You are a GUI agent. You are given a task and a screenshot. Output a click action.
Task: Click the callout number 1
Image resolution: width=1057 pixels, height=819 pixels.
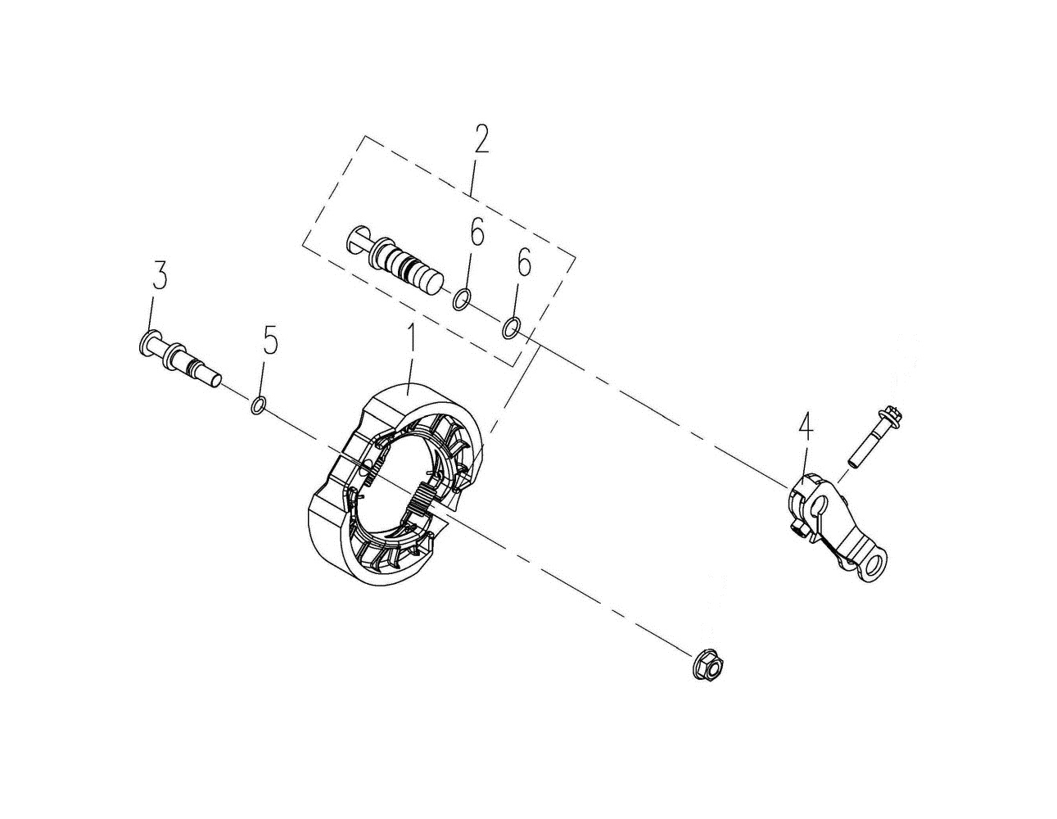(x=413, y=343)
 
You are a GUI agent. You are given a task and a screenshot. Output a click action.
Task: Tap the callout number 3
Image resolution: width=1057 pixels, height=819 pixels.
(x=160, y=276)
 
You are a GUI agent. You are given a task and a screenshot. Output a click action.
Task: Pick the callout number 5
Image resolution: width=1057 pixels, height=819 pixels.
(x=270, y=341)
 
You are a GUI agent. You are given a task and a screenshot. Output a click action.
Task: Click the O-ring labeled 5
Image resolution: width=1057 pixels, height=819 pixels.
(x=258, y=405)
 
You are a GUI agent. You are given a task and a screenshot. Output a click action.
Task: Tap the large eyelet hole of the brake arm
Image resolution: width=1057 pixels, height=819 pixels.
(x=878, y=566)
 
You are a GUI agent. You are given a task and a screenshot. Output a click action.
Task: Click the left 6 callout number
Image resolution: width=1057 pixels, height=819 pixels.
(x=476, y=233)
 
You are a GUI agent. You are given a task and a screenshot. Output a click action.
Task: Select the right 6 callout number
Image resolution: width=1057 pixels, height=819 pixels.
(x=523, y=265)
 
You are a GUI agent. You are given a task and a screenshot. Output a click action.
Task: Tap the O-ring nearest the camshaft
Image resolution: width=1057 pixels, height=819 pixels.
(x=462, y=301)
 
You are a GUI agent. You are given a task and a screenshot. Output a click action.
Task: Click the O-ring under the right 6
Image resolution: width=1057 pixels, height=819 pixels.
(x=510, y=328)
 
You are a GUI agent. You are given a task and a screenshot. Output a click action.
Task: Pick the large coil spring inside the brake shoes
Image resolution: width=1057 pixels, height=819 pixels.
(x=418, y=500)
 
